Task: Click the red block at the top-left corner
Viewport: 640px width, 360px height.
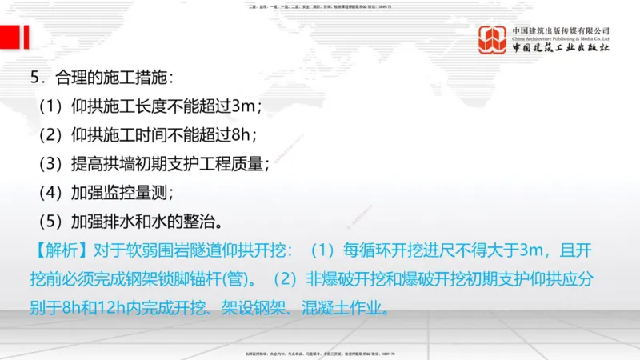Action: click(12, 36)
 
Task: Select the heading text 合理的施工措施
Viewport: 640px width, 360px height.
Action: click(112, 78)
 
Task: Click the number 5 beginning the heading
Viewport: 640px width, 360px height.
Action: click(34, 78)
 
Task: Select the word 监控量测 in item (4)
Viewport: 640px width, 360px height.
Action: click(135, 193)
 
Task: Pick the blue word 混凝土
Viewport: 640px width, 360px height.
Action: click(322, 307)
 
